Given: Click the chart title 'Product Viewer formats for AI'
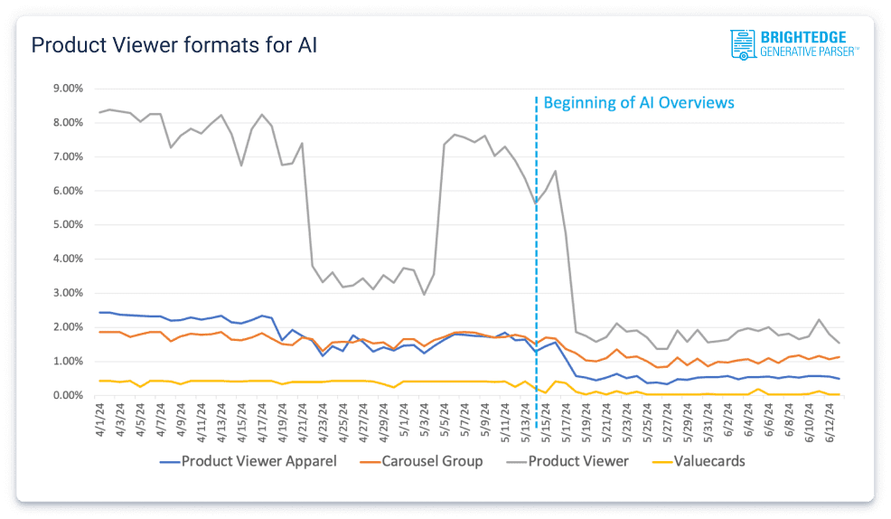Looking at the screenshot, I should coord(174,45).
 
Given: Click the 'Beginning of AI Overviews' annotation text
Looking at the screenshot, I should coord(639,102).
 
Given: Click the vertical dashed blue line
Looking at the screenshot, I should coord(537,271).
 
